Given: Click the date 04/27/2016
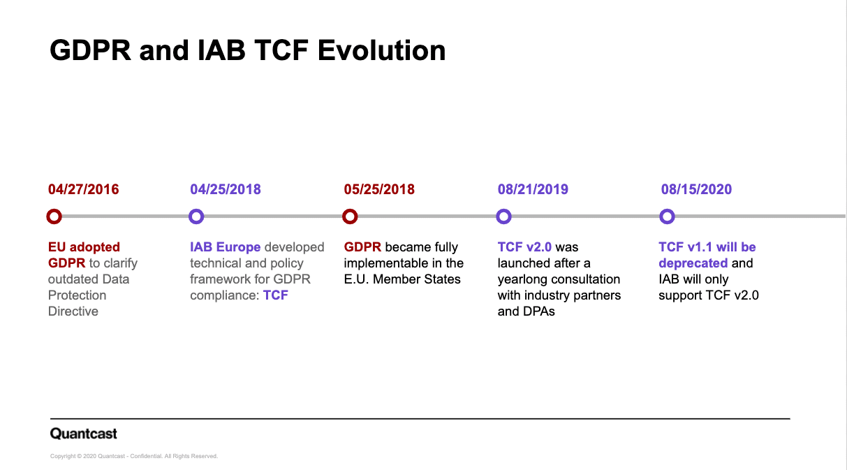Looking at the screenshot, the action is [83, 189].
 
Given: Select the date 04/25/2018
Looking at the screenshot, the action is [226, 189].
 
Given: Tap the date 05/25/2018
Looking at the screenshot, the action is [379, 189].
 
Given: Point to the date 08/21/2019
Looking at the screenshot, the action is [533, 189].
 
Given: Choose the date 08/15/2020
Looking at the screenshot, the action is [696, 189].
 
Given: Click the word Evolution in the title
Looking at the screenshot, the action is [381, 50].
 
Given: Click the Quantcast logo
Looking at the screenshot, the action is [84, 433].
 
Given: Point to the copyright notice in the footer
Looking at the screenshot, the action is [134, 456].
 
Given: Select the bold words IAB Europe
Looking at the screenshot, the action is [226, 247].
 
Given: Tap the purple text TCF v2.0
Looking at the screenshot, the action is [524, 247].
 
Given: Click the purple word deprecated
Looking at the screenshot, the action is [693, 263].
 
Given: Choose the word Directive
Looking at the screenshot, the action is [73, 311].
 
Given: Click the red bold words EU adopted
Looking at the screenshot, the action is [84, 247].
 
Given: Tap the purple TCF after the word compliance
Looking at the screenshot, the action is [276, 295].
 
